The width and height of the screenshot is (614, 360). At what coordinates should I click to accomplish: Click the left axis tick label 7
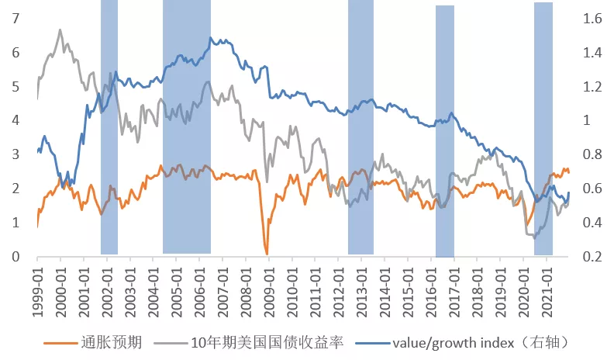pyautogui.click(x=16, y=18)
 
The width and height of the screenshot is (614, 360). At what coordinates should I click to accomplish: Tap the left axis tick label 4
pyautogui.click(x=16, y=120)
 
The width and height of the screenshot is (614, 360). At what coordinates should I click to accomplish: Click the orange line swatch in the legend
pyautogui.click(x=61, y=341)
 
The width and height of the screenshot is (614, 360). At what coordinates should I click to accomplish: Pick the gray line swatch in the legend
pyautogui.click(x=171, y=341)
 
